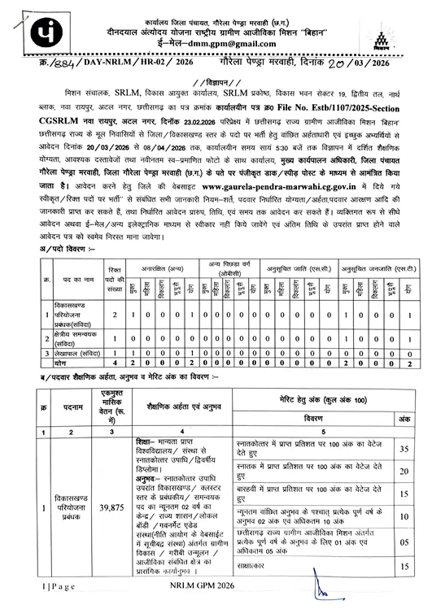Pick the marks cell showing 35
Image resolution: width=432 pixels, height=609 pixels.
click(x=404, y=448)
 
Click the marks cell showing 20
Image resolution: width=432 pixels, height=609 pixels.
click(x=404, y=471)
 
